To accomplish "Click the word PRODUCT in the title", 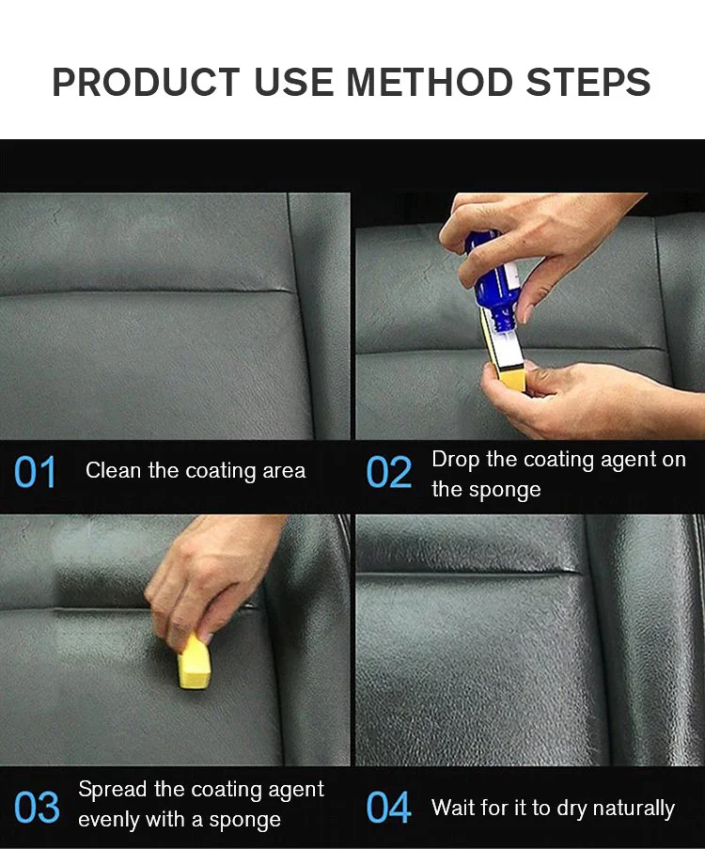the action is click(146, 83).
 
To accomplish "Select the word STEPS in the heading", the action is click(588, 83).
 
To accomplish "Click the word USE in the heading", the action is click(293, 83).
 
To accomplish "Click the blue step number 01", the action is click(35, 472).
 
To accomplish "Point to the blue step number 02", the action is click(389, 472).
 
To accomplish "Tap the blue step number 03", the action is click(37, 808).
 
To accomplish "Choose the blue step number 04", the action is click(389, 808).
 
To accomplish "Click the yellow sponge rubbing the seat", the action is click(194, 661).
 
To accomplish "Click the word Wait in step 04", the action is click(453, 808).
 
